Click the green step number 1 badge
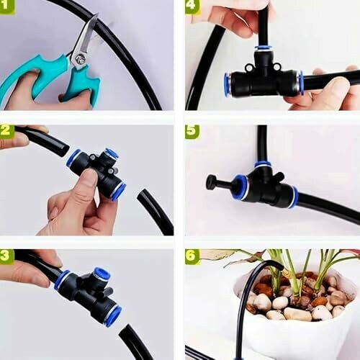(x=7, y=6)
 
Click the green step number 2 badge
(x=7, y=131)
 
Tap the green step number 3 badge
(x=6, y=256)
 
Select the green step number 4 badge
(x=192, y=6)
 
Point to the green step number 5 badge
(x=192, y=132)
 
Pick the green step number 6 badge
(x=192, y=256)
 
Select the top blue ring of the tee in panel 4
(x=264, y=48)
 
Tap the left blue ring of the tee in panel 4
(x=227, y=84)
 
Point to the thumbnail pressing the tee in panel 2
(x=89, y=177)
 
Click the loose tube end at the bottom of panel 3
(x=125, y=330)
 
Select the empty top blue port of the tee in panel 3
(x=102, y=274)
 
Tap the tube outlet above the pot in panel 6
(x=279, y=266)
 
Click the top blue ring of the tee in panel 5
(x=263, y=165)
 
